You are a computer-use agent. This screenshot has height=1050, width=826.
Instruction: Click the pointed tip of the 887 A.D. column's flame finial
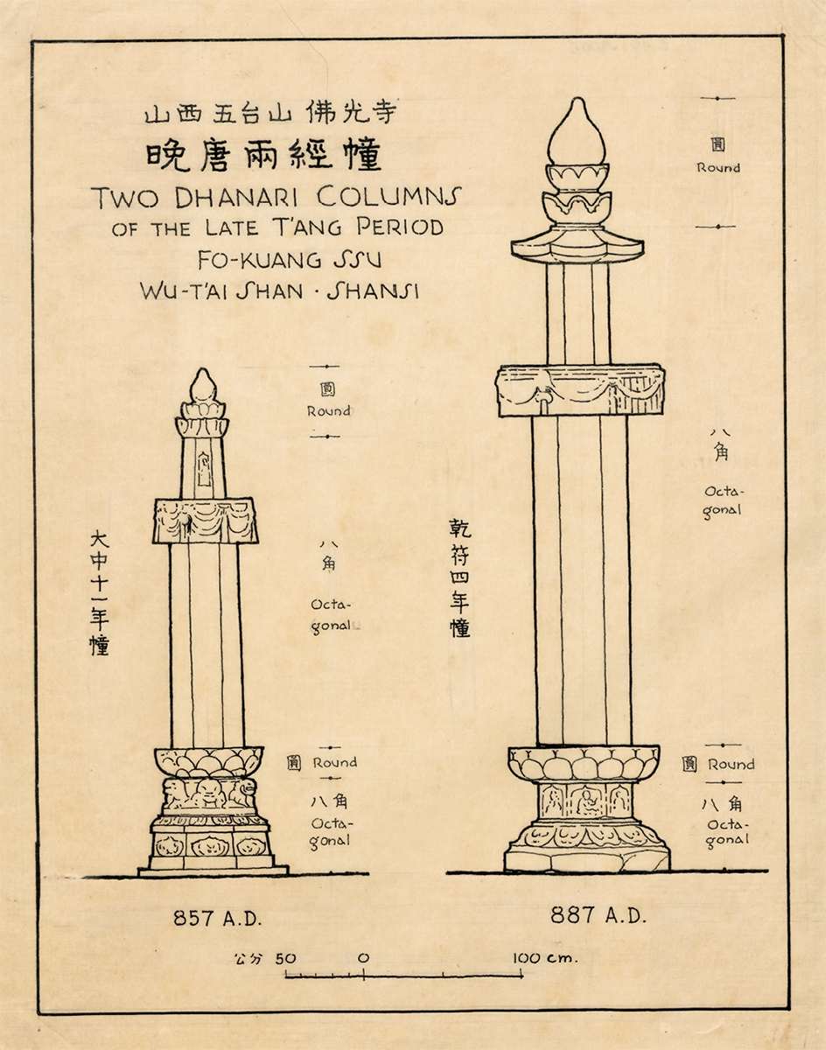coord(577,98)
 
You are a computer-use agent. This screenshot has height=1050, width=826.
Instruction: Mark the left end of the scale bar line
coord(285,976)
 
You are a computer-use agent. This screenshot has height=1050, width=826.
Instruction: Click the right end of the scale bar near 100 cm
coord(522,976)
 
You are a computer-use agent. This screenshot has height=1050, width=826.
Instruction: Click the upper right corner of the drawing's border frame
coord(783,35)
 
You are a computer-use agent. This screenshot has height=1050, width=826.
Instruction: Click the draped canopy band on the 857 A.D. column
coord(206,521)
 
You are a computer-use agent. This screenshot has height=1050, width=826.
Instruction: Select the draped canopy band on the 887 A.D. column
coord(581,390)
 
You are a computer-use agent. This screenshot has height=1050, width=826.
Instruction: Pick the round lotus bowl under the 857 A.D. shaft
coord(209,762)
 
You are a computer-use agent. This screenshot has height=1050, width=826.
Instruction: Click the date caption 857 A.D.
coord(218,919)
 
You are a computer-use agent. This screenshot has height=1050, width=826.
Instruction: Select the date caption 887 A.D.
coord(598,915)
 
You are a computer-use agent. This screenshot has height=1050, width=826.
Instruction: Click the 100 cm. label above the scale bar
coord(544,958)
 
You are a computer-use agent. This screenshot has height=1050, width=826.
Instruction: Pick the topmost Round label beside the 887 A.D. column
coord(718,168)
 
